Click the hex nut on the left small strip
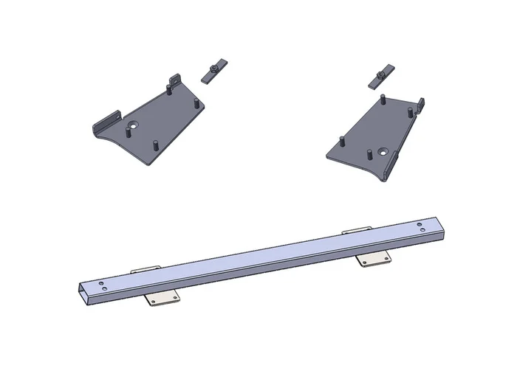point(213,69)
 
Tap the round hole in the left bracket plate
point(132,126)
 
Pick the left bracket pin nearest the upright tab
point(170,90)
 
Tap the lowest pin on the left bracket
point(156,142)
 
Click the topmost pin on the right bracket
point(384,98)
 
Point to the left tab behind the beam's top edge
point(144,269)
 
